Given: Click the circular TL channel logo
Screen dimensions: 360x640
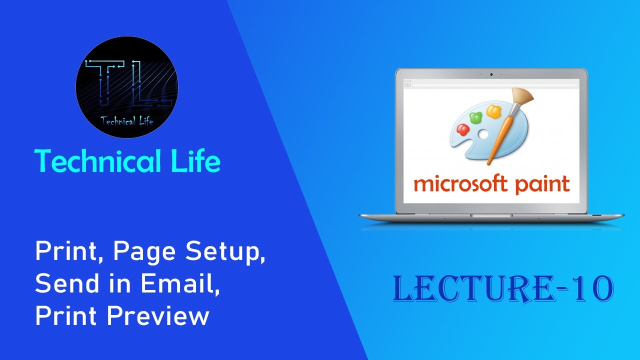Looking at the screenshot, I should coord(127,87).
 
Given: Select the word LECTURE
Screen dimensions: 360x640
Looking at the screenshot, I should coord(475,289).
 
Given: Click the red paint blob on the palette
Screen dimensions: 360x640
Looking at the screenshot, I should coord(462,129).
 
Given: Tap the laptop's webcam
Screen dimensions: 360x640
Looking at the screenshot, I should coord(491,74).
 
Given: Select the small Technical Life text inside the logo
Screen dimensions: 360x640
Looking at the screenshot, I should coord(126,120).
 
